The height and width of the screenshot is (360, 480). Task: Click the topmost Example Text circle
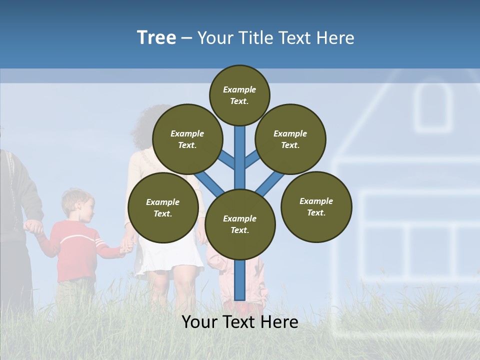pyautogui.click(x=239, y=95)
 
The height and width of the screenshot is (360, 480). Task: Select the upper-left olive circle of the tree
pyautogui.click(x=187, y=139)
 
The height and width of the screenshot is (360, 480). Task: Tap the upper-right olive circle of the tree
pyautogui.click(x=290, y=139)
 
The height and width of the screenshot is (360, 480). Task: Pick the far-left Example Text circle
pyautogui.click(x=163, y=207)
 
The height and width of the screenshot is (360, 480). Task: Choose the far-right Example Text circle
pyautogui.click(x=316, y=206)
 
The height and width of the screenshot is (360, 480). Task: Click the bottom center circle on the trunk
pyautogui.click(x=240, y=224)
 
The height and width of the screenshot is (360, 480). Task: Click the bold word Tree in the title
pyautogui.click(x=156, y=38)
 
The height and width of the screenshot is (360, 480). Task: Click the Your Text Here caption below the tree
pyautogui.click(x=240, y=322)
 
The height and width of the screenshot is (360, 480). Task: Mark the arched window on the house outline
pyautogui.click(x=433, y=107)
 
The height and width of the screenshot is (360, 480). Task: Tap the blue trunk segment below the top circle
pyautogui.click(x=240, y=150)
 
